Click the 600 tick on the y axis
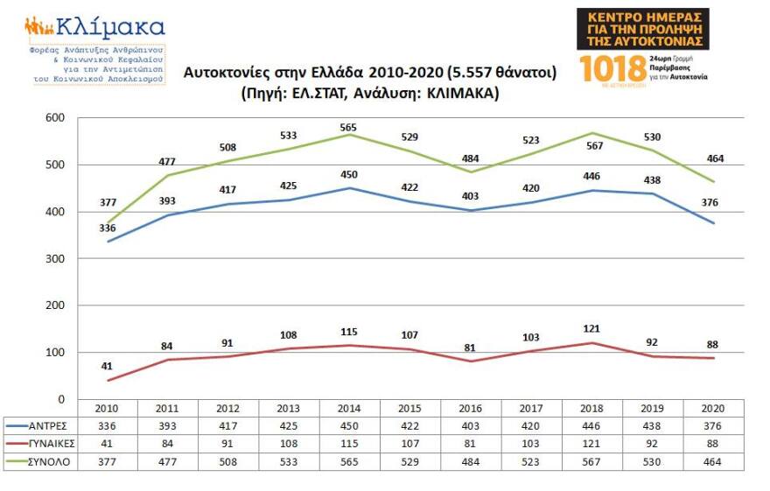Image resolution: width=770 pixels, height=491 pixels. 53,118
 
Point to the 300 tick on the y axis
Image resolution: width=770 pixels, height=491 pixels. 53,259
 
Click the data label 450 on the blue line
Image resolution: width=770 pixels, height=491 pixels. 350,175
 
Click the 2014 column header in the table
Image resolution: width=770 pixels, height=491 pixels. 349,409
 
